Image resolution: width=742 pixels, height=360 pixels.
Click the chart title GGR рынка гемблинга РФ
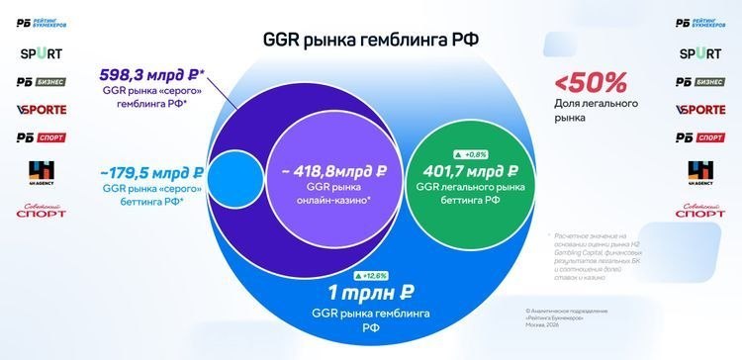(371, 40)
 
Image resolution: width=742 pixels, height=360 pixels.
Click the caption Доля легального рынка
(584, 110)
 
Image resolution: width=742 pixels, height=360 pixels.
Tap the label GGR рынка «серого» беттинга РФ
(149, 194)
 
